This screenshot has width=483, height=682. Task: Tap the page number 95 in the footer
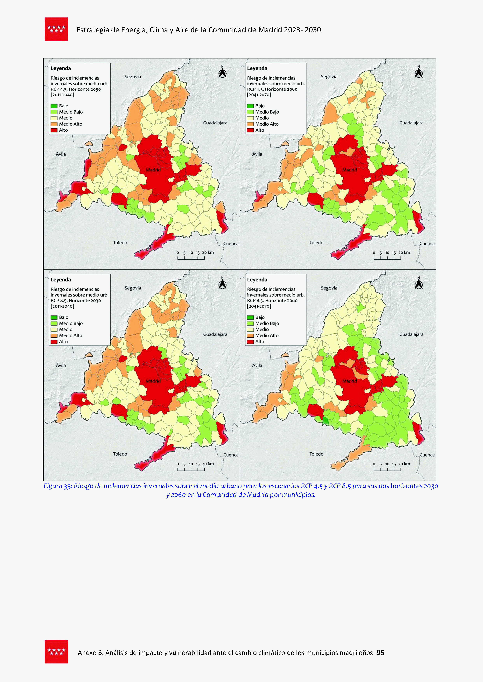(x=380, y=653)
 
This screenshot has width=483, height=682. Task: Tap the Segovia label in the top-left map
(x=133, y=77)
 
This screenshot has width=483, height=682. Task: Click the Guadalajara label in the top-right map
(x=411, y=123)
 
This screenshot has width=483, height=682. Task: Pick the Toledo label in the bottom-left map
(x=120, y=454)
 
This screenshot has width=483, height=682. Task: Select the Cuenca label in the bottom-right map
(x=427, y=455)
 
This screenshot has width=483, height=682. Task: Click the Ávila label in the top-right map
(x=257, y=154)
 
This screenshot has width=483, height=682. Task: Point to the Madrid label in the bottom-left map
(x=153, y=381)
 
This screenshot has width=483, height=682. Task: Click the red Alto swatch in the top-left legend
(x=54, y=130)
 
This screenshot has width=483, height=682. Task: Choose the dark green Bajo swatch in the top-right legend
(x=250, y=106)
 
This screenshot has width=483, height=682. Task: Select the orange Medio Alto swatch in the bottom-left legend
(x=54, y=335)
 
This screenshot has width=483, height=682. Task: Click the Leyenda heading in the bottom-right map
(x=257, y=280)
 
